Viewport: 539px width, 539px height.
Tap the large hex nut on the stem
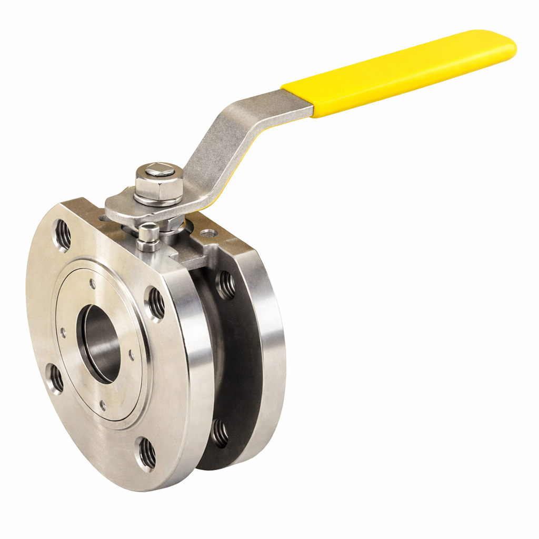[159, 187]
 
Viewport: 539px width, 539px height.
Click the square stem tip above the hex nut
[159, 170]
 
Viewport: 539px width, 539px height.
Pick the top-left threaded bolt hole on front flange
[62, 235]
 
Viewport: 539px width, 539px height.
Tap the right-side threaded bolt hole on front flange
[156, 303]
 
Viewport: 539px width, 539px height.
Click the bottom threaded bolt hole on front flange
[147, 453]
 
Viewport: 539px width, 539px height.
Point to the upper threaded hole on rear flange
[226, 285]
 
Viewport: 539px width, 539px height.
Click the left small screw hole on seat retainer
[64, 333]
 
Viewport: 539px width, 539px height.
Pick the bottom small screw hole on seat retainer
[102, 405]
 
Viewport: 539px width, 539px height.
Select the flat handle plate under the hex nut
[126, 208]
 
